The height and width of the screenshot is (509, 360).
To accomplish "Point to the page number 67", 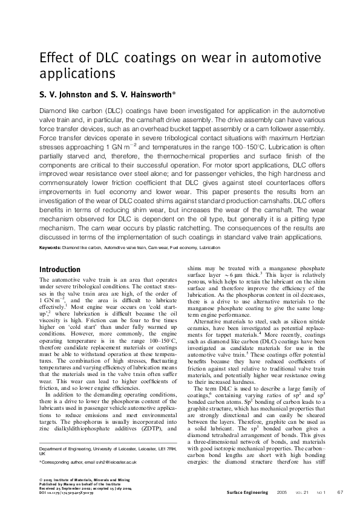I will (x=341, y=493).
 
